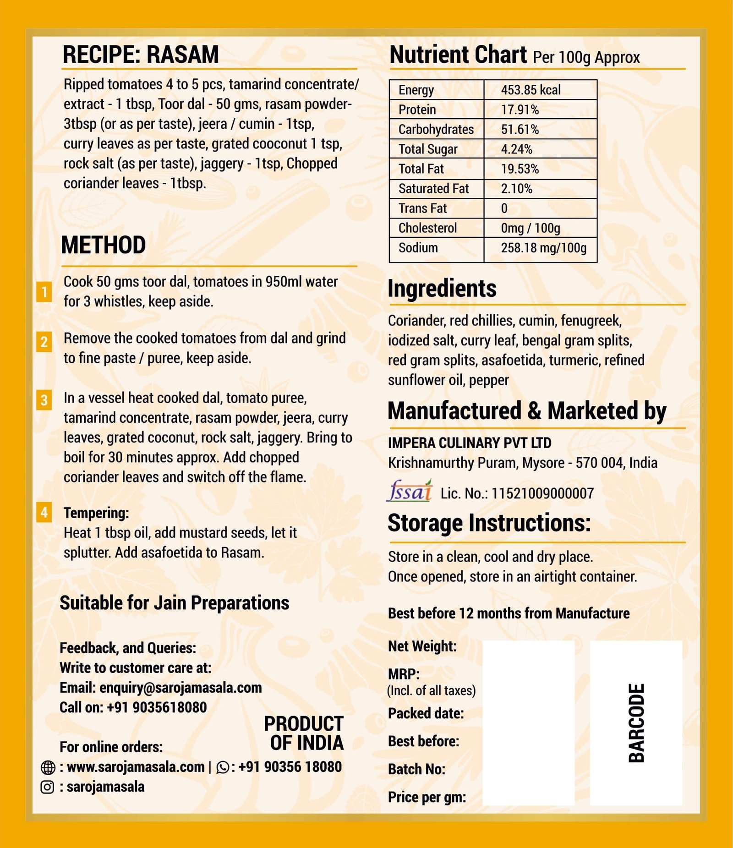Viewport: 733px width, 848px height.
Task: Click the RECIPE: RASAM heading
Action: point(141,55)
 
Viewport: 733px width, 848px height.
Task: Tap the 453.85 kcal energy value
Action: point(531,90)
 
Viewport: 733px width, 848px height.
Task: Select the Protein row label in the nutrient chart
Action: point(417,110)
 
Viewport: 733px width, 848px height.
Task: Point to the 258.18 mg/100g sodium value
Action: point(543,248)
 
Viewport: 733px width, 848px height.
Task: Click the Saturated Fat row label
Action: point(433,189)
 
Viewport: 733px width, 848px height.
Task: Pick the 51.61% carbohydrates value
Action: point(520,130)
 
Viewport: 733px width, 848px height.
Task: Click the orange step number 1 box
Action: point(44,292)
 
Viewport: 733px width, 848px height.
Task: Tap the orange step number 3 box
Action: point(44,400)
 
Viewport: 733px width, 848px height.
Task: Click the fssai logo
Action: point(410,491)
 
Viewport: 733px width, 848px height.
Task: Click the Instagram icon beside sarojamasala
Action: point(48,787)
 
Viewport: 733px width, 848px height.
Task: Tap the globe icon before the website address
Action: point(48,767)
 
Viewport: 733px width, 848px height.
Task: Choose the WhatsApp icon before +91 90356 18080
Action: point(223,767)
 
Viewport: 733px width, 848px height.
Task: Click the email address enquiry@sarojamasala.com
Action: point(181,688)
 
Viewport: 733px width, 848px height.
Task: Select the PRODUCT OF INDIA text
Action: point(305,733)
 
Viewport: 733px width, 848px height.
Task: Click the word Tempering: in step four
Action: point(96,513)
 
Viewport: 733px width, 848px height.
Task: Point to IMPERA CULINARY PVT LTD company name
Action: point(470,443)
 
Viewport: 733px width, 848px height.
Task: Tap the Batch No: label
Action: point(416,769)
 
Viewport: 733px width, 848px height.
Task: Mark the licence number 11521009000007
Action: point(542,493)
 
